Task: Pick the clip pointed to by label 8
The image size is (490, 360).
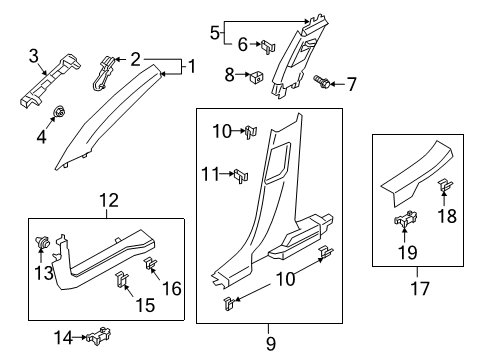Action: (x=256, y=74)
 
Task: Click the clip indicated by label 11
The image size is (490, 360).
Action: (x=241, y=177)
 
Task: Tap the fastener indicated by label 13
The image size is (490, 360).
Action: (x=45, y=241)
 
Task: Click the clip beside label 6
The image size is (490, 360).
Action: (x=268, y=45)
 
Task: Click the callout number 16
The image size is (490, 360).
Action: (x=171, y=288)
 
